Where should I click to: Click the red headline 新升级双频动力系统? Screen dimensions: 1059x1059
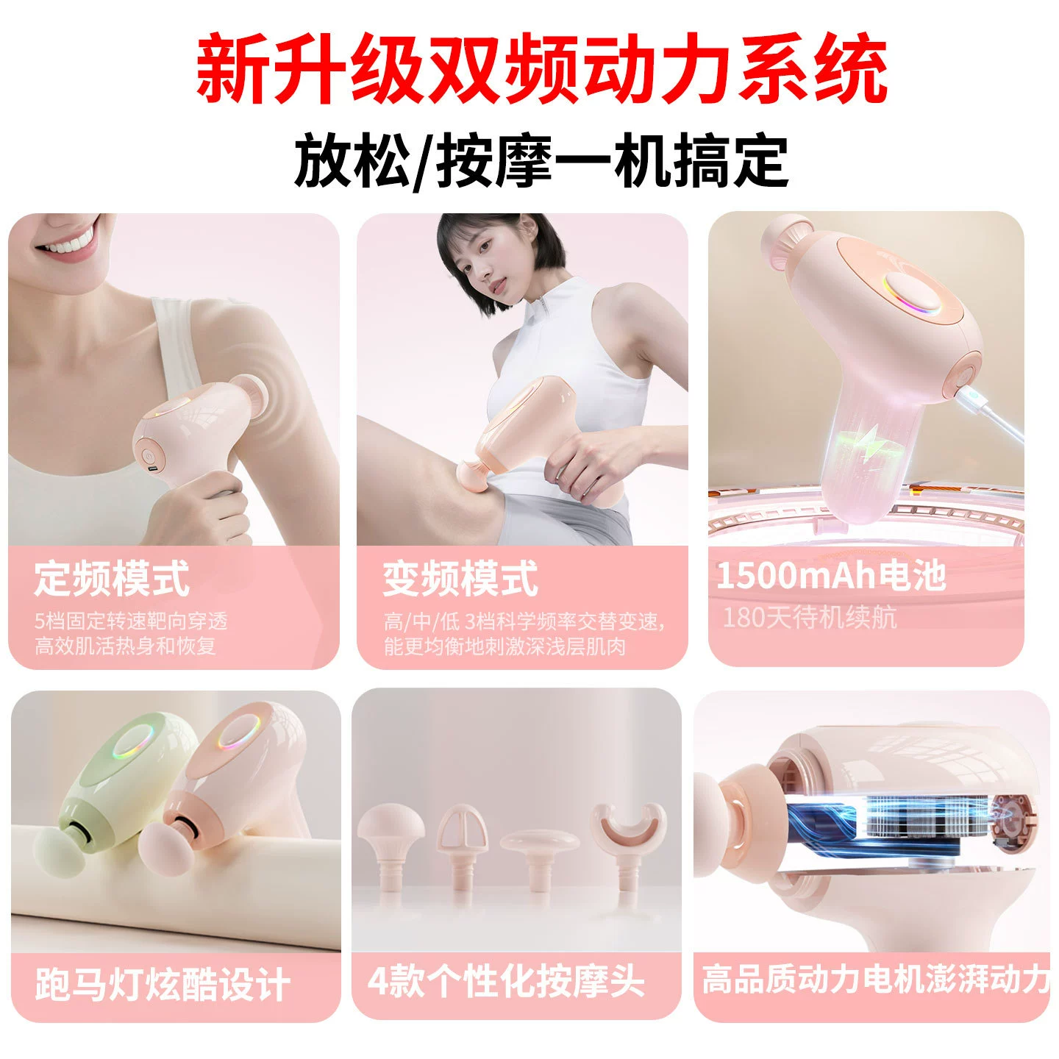[541, 68]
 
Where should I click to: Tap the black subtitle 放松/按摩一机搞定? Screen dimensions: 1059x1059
[541, 161]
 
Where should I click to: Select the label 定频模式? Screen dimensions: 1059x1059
[112, 578]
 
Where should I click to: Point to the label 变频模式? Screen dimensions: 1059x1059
[460, 578]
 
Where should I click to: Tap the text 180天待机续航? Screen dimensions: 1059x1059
[809, 617]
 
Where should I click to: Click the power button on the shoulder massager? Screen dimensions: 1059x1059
[148, 455]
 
